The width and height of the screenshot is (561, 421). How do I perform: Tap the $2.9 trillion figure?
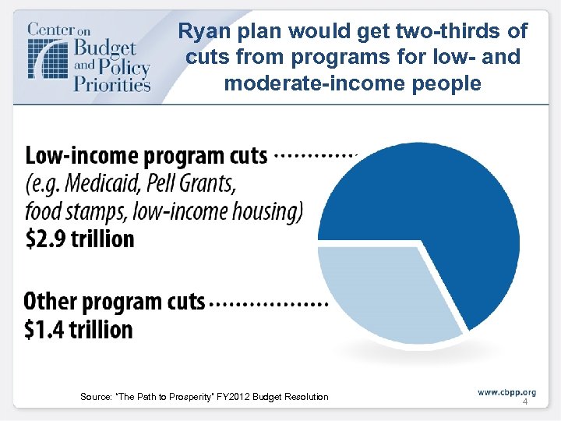coord(79,239)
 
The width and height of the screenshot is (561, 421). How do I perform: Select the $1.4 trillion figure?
coord(78,330)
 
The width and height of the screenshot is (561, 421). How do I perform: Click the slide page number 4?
coord(524,402)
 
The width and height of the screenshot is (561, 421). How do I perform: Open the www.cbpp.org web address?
coord(506,391)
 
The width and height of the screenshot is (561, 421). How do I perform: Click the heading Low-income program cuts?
coord(146,156)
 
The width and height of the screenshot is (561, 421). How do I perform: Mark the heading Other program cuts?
coord(115,302)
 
